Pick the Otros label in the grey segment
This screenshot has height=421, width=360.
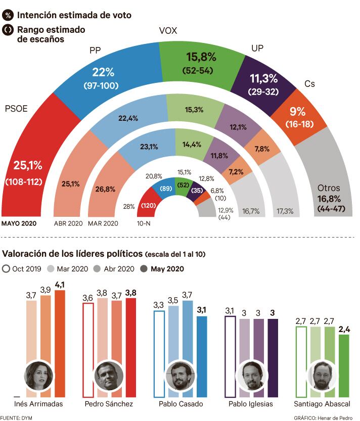(x=329, y=186)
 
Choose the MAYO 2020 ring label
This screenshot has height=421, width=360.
(x=20, y=222)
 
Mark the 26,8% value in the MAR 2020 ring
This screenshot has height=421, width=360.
(x=105, y=189)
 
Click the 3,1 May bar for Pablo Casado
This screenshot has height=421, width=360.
(x=201, y=354)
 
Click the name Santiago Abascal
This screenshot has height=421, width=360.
(x=322, y=404)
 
